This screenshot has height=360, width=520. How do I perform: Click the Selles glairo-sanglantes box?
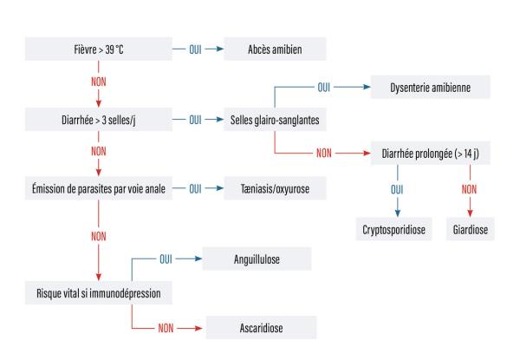(x=276, y=118)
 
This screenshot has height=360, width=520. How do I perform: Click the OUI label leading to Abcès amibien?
(x=195, y=49)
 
